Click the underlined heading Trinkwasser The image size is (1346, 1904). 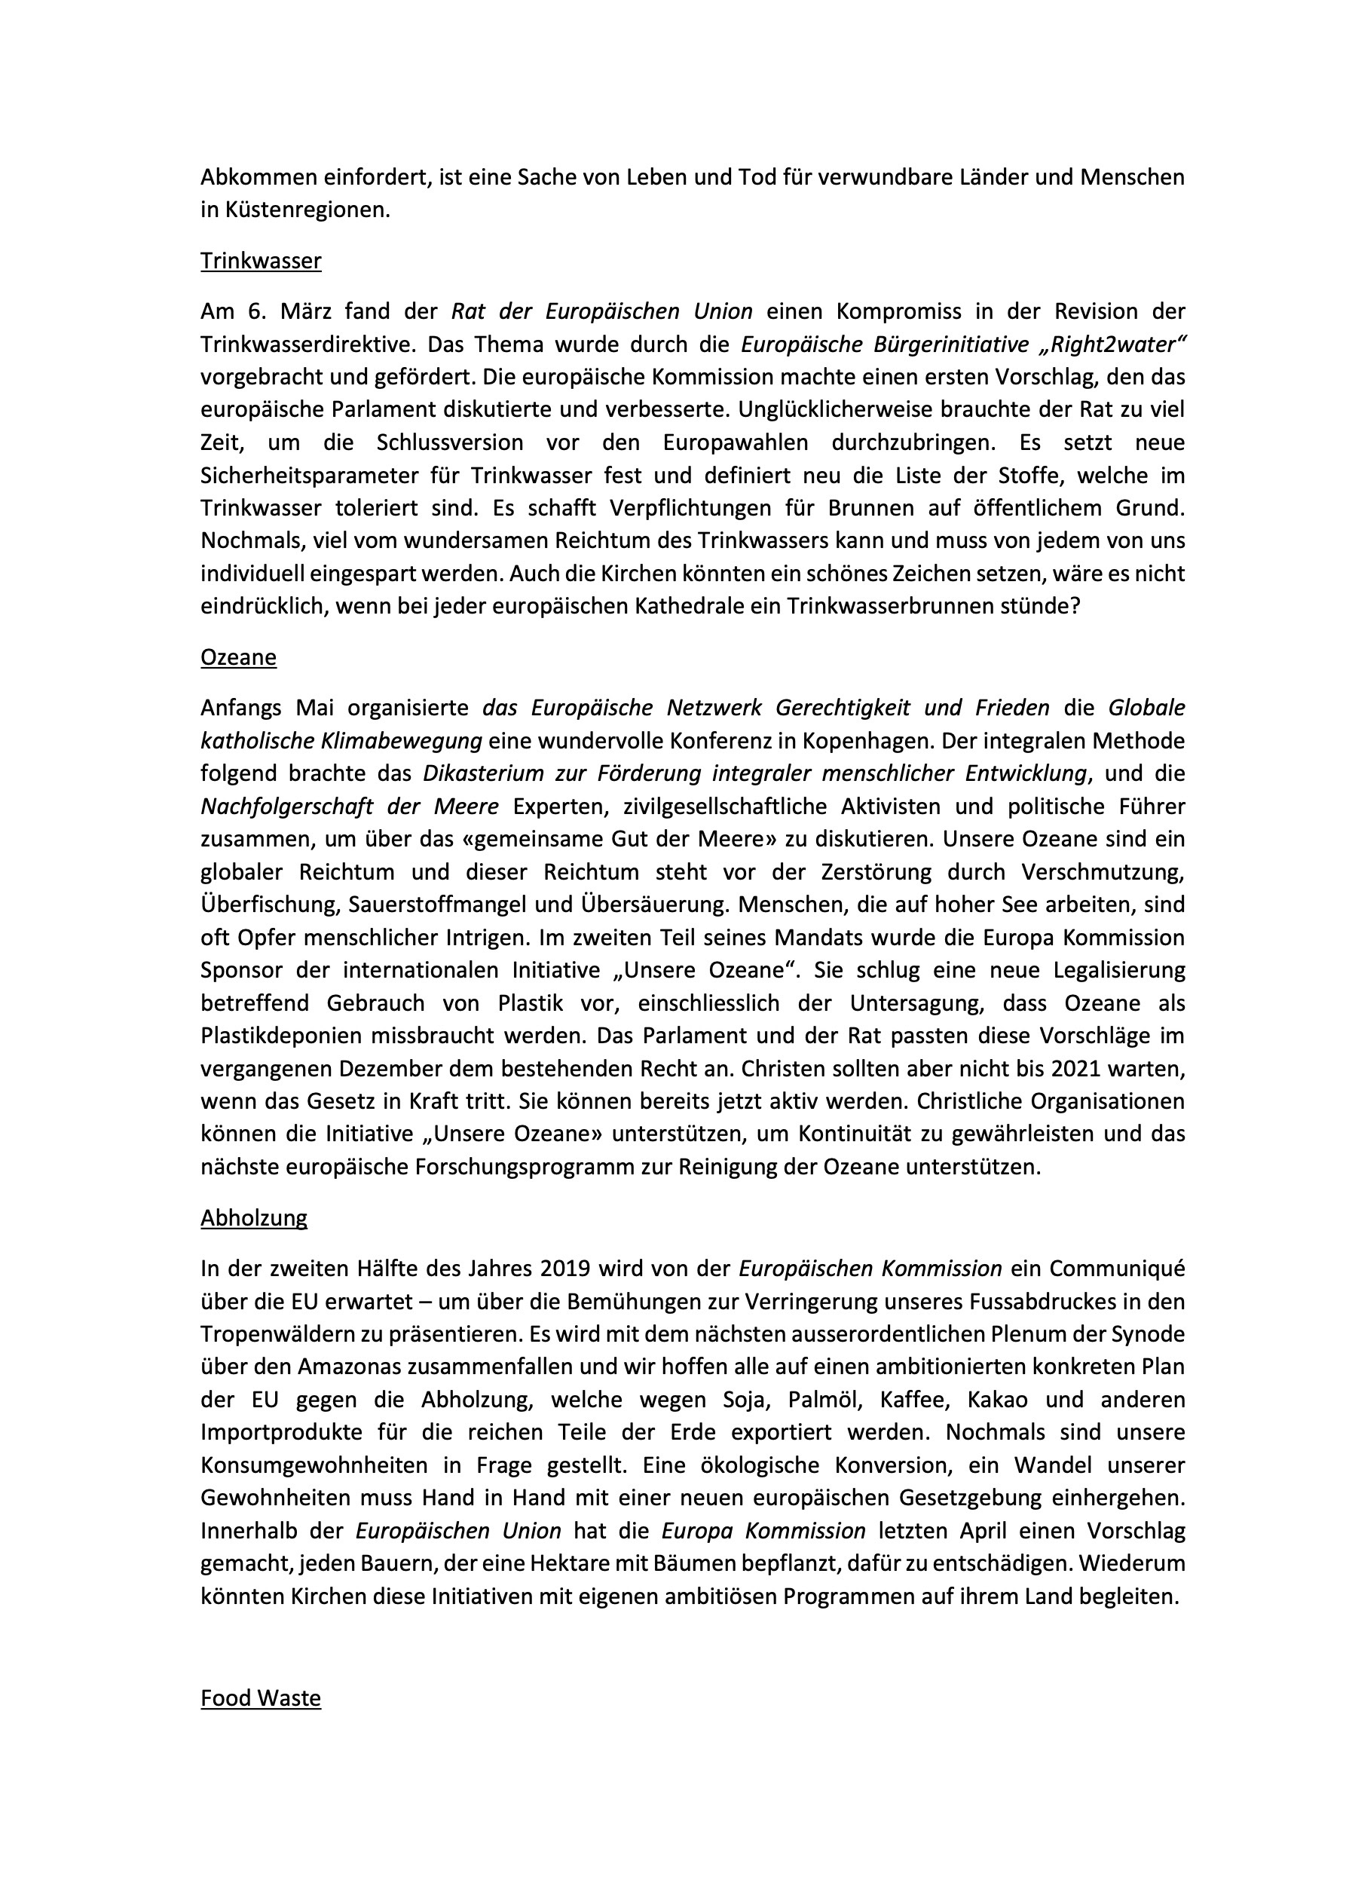(x=261, y=262)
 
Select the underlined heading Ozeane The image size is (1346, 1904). (x=238, y=657)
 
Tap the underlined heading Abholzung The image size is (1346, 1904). (x=254, y=1217)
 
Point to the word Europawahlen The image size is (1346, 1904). (x=735, y=442)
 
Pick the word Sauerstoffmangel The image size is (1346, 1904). (x=454, y=905)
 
